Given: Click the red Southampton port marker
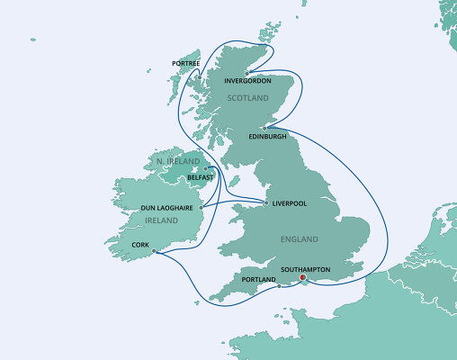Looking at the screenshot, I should [x=302, y=278].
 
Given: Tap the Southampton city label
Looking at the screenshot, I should [x=308, y=269].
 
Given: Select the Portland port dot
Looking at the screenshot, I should [x=280, y=287].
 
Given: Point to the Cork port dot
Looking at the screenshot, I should [x=155, y=251].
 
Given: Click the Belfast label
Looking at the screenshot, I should [x=200, y=178].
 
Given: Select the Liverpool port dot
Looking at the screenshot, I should [x=266, y=203].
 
